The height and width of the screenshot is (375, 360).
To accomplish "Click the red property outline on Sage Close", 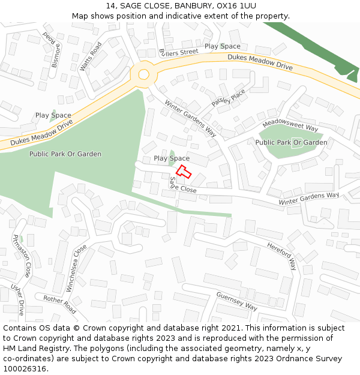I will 183,172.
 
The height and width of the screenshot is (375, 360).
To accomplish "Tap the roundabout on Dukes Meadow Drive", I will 143,74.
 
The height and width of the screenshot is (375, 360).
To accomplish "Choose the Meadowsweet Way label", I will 290,124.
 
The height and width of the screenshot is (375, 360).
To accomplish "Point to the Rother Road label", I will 60,304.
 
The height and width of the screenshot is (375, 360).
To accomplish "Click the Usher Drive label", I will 18,299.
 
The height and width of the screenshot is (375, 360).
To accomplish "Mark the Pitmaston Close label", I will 22,255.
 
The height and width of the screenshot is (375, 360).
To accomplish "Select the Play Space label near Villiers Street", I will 222,46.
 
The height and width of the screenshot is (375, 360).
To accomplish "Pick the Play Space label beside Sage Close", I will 172,158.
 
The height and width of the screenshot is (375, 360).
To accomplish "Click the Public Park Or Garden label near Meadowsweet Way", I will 291,142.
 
